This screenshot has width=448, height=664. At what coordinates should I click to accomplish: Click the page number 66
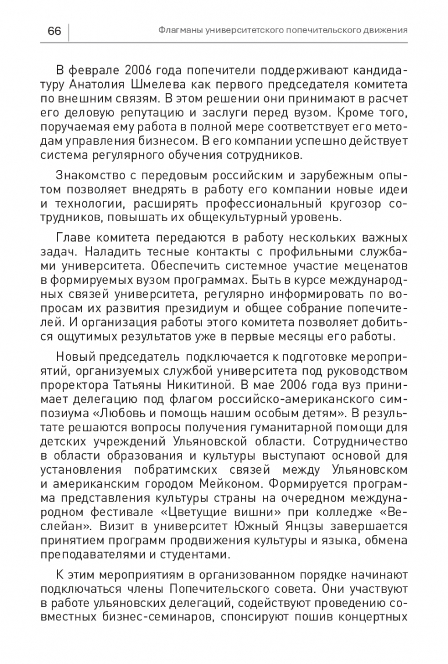[x=54, y=30]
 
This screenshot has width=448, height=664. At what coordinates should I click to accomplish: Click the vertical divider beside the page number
[x=69, y=30]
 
